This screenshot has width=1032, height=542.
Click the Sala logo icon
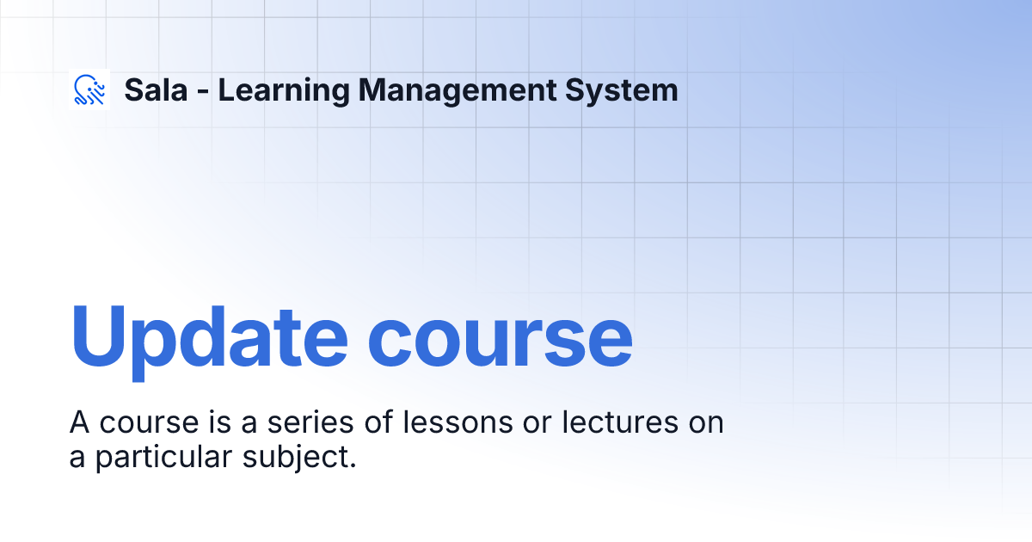(x=90, y=90)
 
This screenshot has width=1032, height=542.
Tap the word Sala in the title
(x=156, y=90)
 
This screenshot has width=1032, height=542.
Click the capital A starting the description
(x=80, y=423)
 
